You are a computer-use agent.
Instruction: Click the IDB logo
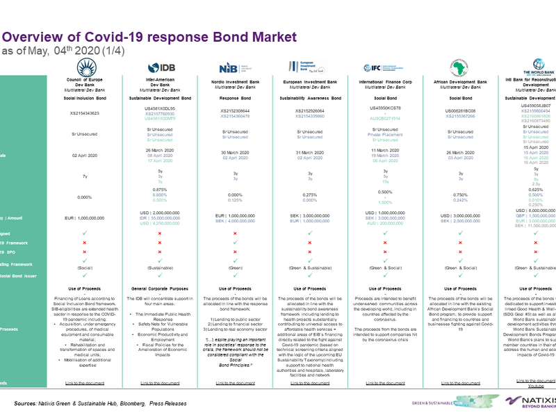coord(158,67)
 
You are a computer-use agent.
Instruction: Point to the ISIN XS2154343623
coord(84,112)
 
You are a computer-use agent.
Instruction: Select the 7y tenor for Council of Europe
coord(84,177)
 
